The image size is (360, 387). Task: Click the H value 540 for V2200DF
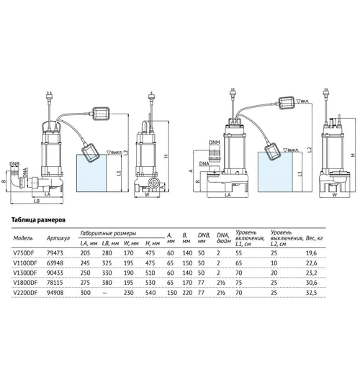pos(152,293)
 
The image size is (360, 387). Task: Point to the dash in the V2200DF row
pos(107,293)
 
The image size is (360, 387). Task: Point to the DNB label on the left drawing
pos(14,163)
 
